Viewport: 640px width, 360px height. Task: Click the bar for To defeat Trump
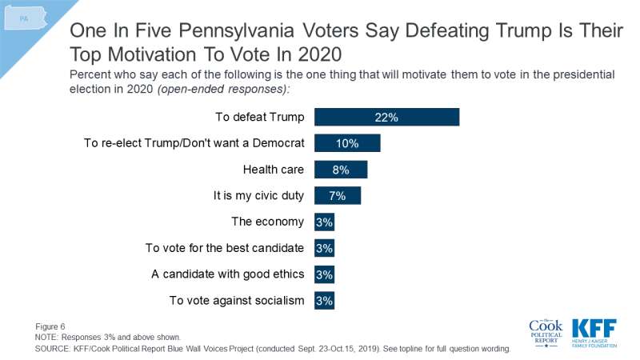[386, 117]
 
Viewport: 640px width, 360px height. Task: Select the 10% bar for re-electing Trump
[347, 143]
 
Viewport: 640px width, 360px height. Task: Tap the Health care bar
[341, 170]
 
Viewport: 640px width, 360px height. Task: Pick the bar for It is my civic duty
[338, 196]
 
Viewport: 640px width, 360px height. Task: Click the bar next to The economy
[324, 222]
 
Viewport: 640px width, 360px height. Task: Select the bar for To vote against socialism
[324, 301]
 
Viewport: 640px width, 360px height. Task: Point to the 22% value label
[386, 117]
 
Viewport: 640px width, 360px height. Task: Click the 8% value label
[341, 170]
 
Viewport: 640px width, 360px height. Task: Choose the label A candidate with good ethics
[228, 274]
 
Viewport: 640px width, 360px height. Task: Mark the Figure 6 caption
[50, 326]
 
